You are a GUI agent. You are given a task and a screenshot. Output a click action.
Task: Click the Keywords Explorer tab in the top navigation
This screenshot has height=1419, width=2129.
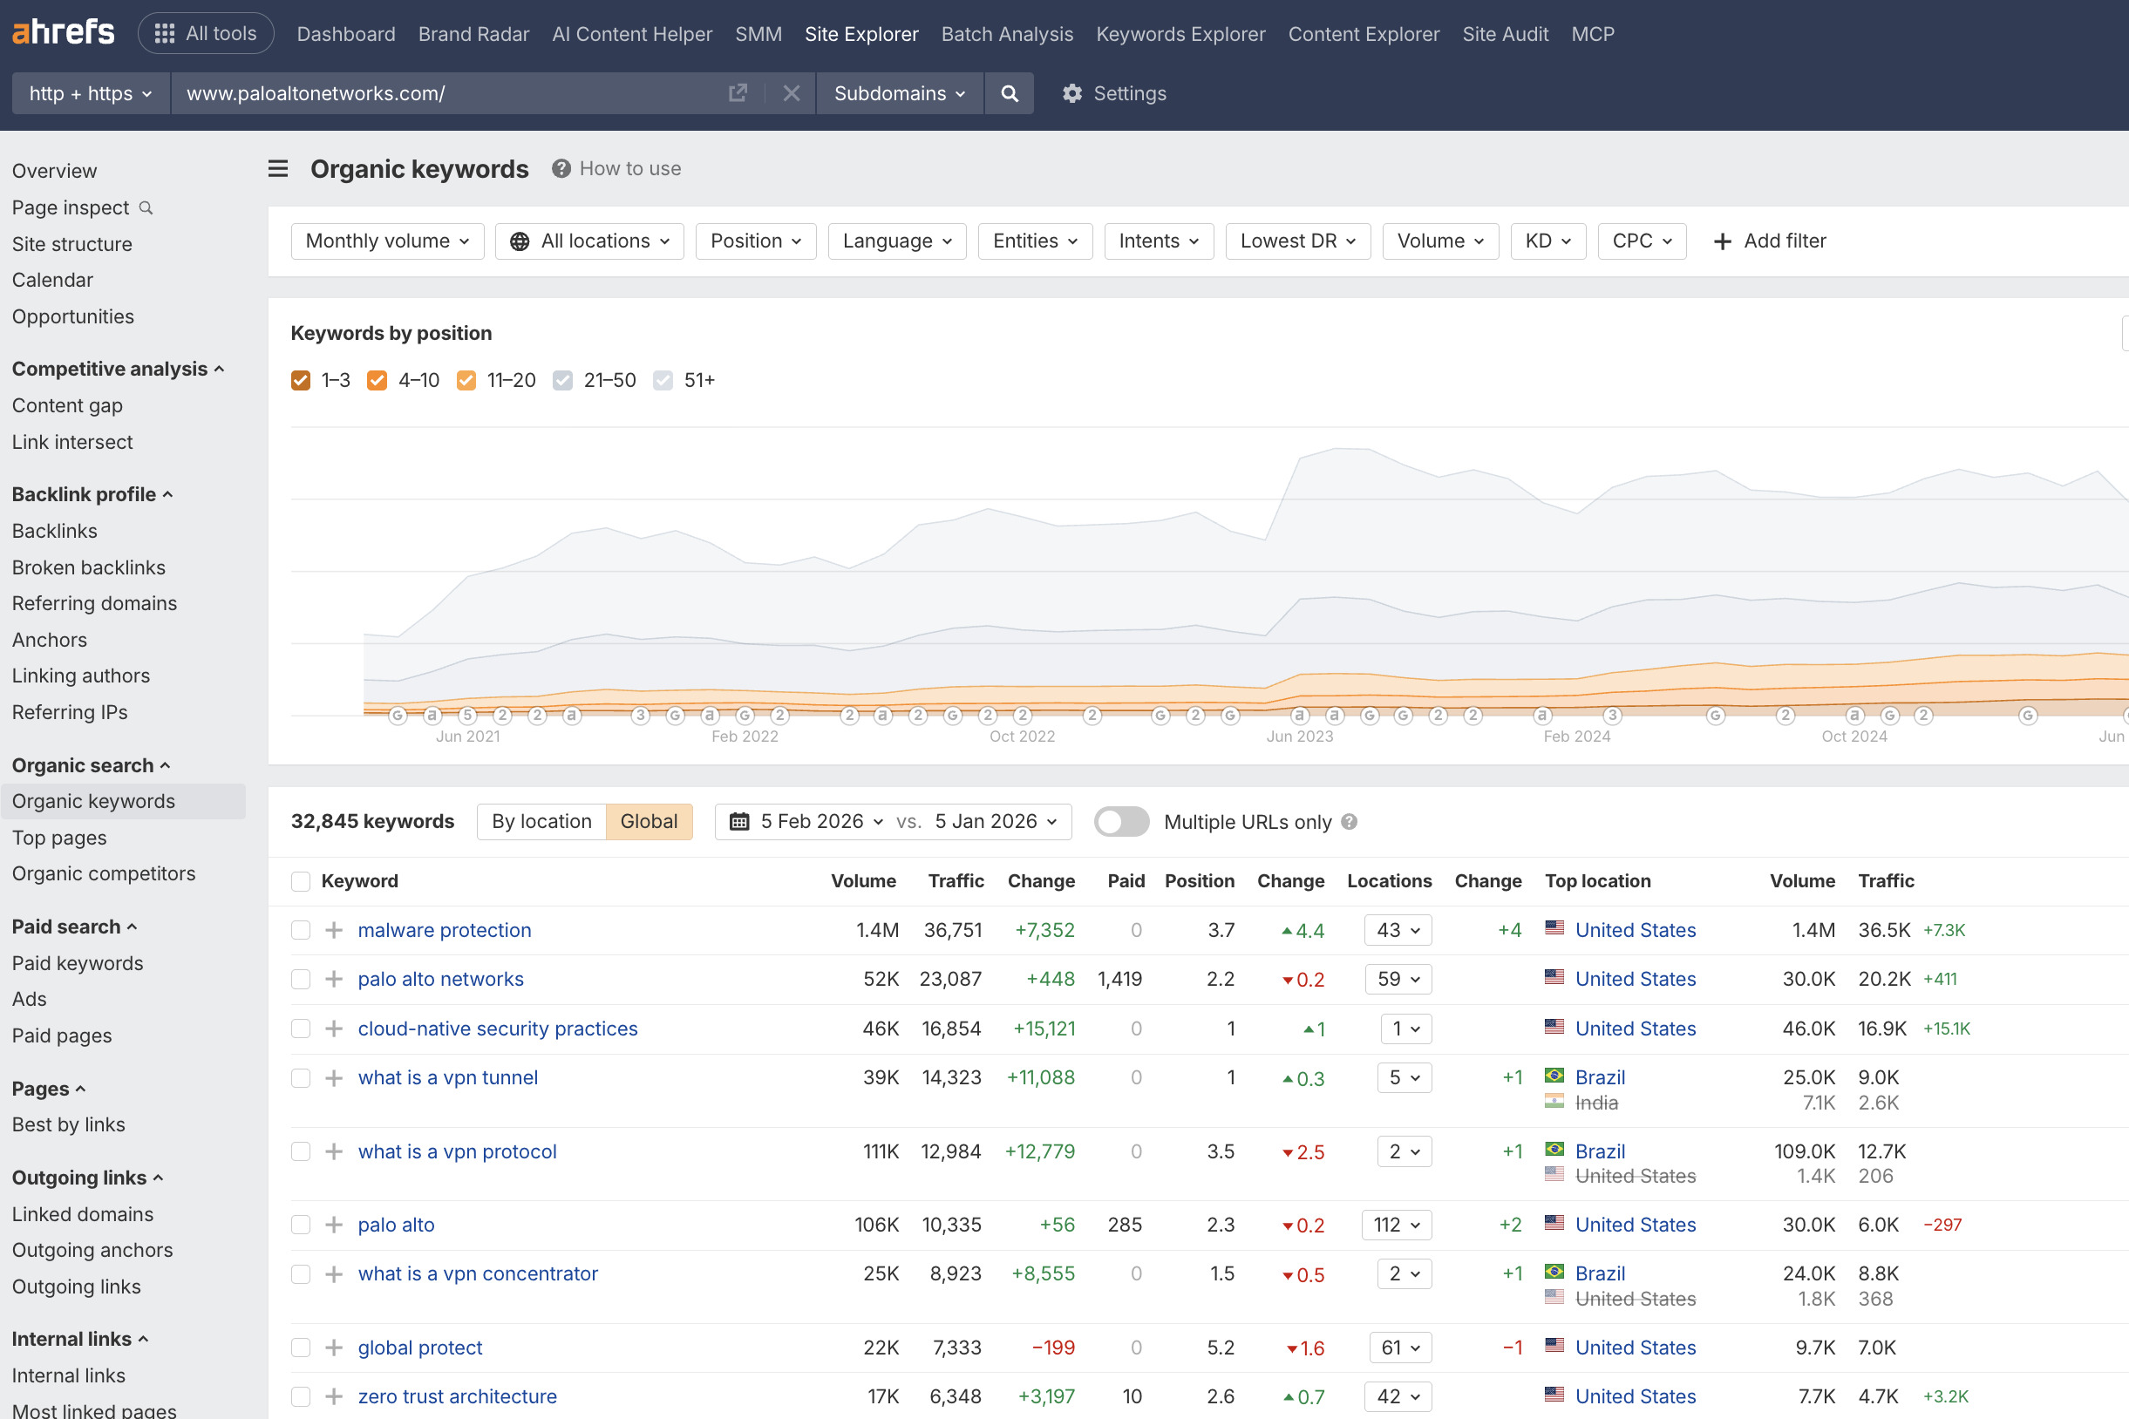(1180, 34)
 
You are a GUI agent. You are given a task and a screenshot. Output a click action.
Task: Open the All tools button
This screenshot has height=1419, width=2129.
(206, 34)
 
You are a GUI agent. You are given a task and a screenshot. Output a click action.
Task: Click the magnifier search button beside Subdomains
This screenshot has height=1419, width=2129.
(1010, 93)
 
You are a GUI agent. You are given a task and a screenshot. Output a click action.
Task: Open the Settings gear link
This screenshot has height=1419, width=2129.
(1114, 93)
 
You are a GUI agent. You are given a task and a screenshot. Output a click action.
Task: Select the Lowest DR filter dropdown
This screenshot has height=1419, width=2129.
(1297, 241)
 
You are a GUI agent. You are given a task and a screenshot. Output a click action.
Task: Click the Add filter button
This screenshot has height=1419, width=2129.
(1770, 241)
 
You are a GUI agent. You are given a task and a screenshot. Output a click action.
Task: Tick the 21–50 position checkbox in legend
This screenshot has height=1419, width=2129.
(563, 380)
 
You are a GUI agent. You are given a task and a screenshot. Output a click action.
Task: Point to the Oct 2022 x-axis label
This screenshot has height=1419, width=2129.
(1022, 737)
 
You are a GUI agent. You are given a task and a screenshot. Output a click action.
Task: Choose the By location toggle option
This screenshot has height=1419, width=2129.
(541, 822)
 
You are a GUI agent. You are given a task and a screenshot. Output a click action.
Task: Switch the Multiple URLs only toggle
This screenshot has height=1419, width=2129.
(1121, 822)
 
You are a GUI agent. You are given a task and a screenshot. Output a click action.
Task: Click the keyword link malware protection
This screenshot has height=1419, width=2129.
(445, 930)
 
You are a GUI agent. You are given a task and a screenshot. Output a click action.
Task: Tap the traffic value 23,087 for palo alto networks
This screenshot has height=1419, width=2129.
(950, 979)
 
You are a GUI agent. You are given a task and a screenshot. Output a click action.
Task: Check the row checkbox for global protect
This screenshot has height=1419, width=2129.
(301, 1348)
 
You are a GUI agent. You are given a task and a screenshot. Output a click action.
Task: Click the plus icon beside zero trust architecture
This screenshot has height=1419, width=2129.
(334, 1396)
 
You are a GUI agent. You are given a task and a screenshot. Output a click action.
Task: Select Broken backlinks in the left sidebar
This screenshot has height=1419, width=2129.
(89, 567)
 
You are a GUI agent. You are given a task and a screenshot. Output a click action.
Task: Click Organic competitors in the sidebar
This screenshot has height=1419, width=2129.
(103, 873)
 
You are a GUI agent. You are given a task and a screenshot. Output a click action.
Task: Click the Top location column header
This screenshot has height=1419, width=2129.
(1598, 881)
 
